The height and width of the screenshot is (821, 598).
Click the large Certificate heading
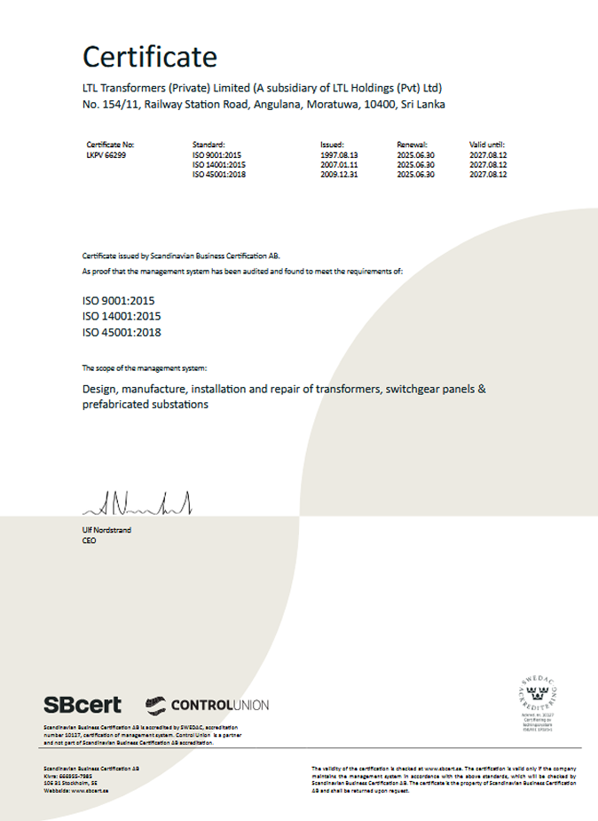pyautogui.click(x=149, y=57)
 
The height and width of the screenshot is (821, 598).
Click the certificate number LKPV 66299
pyautogui.click(x=106, y=154)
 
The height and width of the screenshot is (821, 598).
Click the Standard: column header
pyautogui.click(x=209, y=144)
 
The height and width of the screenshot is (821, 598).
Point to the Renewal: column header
pyautogui.click(x=413, y=144)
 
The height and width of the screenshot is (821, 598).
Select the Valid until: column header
pyautogui.click(x=487, y=144)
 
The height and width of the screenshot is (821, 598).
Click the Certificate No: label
pyautogui.click(x=110, y=144)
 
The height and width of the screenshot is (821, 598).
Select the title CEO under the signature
pyautogui.click(x=89, y=540)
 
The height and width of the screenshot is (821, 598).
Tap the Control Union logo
pyautogui.click(x=207, y=705)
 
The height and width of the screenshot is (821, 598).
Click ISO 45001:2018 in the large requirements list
pyautogui.click(x=122, y=333)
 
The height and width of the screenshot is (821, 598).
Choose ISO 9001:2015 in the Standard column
pyautogui.click(x=218, y=154)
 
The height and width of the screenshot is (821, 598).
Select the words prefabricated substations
pyautogui.click(x=146, y=405)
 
